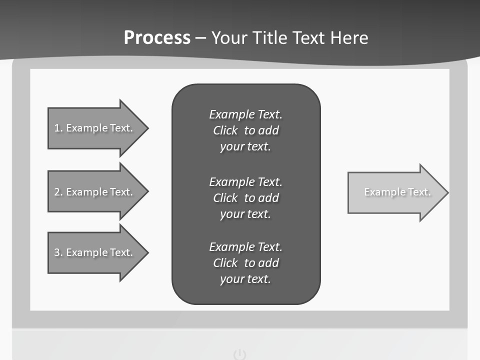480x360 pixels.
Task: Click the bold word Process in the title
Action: click(157, 38)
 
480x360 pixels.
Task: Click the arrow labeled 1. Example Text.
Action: click(95, 128)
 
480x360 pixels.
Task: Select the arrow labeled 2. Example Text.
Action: click(95, 192)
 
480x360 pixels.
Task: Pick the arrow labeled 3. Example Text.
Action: click(95, 252)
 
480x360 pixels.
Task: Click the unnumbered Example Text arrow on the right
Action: click(395, 192)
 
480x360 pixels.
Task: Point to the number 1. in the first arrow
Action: click(58, 128)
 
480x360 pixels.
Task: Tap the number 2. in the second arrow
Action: click(58, 192)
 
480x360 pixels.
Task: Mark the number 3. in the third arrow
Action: click(58, 252)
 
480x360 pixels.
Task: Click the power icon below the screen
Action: click(240, 354)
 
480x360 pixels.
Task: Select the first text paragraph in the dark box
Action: click(245, 130)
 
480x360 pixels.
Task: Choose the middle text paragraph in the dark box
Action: click(245, 198)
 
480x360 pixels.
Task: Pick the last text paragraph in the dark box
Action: click(245, 263)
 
